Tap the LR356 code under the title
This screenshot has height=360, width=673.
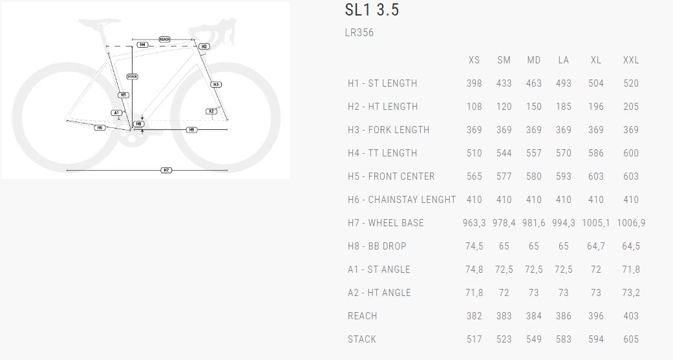359,33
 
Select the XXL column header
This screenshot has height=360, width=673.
631,60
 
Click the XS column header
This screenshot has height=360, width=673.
474,60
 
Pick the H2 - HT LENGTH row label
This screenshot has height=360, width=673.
383,107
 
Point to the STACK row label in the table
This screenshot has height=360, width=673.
362,339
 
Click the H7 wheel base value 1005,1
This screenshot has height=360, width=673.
596,223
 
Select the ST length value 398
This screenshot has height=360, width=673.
474,83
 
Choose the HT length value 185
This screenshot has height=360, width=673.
564,107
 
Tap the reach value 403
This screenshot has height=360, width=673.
631,316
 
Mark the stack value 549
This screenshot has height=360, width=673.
534,339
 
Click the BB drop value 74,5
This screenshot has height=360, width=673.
474,246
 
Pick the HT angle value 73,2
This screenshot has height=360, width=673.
631,293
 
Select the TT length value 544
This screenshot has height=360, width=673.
504,153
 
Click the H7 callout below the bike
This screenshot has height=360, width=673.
166,171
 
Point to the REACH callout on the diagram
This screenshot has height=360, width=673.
164,40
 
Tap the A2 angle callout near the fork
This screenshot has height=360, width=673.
211,111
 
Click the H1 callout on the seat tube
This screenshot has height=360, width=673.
123,95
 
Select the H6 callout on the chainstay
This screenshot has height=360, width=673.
100,128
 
